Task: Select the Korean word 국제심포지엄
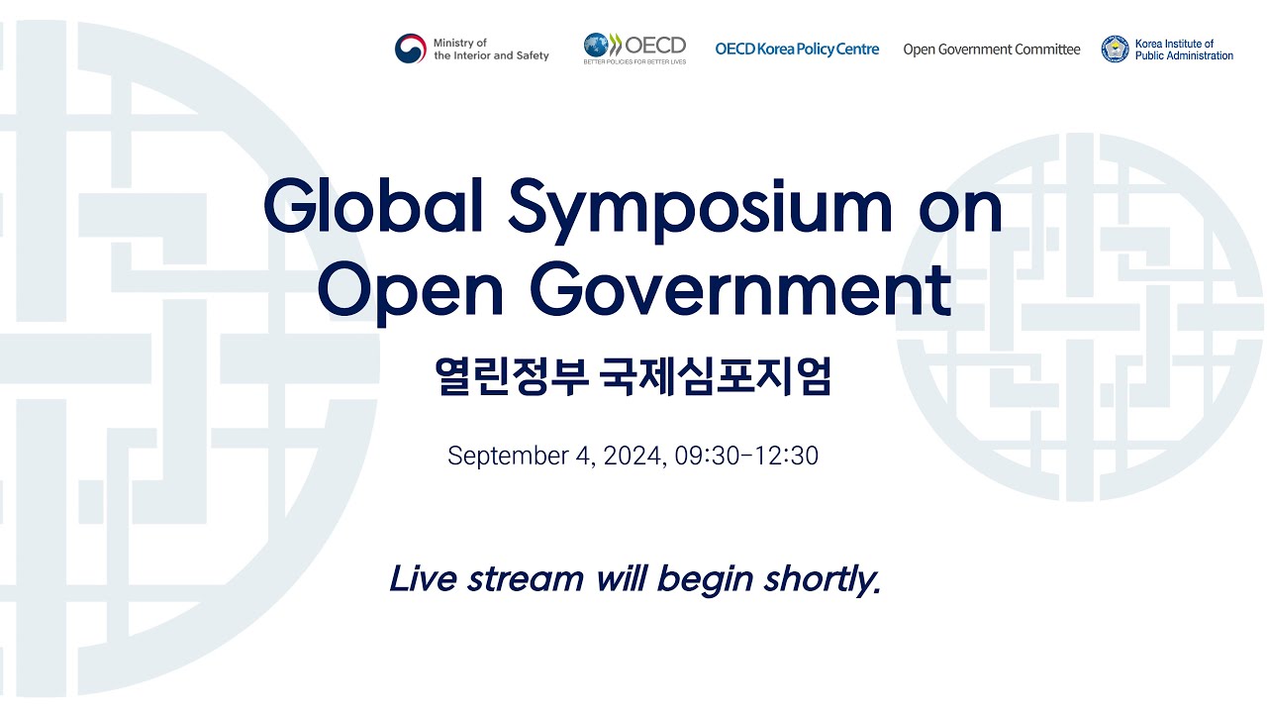coord(716,377)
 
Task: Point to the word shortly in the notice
coord(822,579)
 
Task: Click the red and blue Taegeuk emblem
coord(411,50)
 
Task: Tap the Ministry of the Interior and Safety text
coord(490,50)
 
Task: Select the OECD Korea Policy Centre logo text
coord(797,50)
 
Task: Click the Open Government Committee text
coord(991,50)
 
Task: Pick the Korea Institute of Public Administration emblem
coord(1116,50)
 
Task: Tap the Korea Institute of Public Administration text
coord(1184,50)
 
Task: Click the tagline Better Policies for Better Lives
coord(634,61)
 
